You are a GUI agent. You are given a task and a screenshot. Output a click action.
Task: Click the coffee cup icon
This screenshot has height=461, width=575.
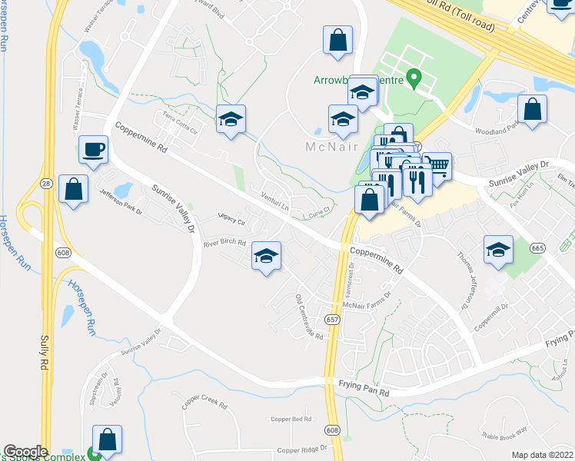[94, 148]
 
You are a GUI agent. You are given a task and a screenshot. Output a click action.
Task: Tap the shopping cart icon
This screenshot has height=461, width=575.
[437, 166]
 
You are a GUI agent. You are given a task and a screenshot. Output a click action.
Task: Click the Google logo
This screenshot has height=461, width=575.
[25, 451]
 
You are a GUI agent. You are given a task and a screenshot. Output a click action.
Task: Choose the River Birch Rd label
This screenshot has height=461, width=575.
[224, 243]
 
